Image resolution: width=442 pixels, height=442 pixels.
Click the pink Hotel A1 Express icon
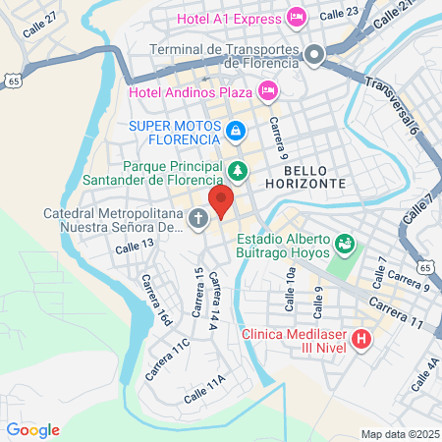[x=296, y=17]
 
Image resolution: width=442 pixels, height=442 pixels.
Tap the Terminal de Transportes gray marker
[x=315, y=55]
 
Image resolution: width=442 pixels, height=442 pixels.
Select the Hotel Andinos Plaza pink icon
[x=267, y=91]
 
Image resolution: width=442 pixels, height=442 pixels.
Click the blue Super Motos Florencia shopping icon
[x=236, y=131]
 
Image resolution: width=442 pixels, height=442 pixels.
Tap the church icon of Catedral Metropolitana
[x=198, y=218]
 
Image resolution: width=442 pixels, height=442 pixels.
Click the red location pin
[x=222, y=201]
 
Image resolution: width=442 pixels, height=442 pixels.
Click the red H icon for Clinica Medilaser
[x=360, y=341]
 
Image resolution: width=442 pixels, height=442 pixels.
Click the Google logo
[x=33, y=429]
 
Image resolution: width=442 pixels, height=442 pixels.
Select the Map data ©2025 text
[x=398, y=434]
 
